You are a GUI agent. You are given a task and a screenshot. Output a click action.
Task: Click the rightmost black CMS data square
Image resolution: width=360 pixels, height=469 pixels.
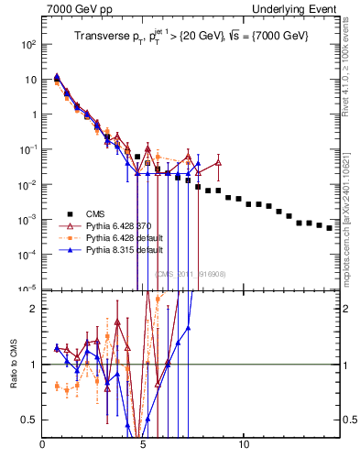[x=330, y=228]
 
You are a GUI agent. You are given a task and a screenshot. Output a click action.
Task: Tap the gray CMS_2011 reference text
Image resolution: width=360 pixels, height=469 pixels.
[x=191, y=274]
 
